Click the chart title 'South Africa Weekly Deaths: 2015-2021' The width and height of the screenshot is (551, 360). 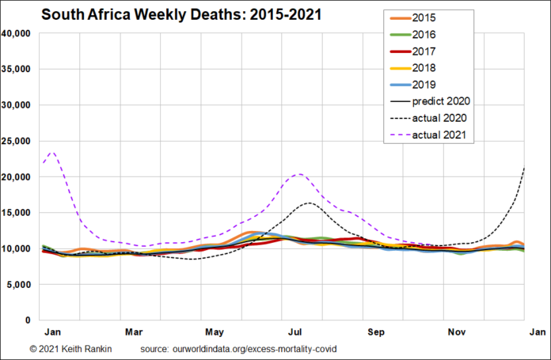click(x=182, y=15)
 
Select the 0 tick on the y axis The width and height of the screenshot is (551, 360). click(x=28, y=320)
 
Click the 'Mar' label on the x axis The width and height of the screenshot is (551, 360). click(x=134, y=332)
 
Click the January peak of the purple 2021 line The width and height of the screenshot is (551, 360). click(x=52, y=152)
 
